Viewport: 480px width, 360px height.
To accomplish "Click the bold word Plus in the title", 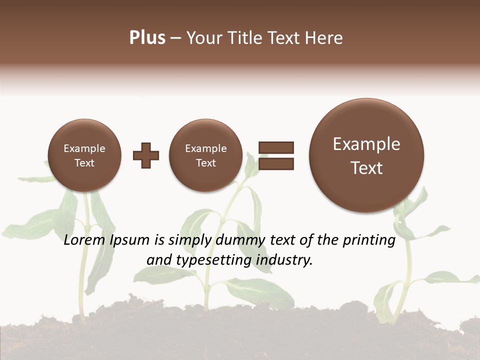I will [147, 38].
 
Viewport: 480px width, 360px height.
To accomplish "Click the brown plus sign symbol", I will [146, 155].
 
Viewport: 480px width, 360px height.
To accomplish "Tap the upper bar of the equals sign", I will [276, 147].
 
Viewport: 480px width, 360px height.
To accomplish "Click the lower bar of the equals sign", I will [276, 163].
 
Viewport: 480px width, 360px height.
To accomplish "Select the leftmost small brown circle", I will [84, 155].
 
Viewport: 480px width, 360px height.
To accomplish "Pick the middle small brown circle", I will [205, 155].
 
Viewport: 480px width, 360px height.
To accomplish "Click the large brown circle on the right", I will [366, 155].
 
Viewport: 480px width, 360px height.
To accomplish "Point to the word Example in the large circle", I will [366, 144].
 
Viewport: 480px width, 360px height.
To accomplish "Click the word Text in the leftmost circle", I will [84, 163].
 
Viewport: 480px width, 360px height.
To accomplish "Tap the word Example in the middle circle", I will [205, 148].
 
